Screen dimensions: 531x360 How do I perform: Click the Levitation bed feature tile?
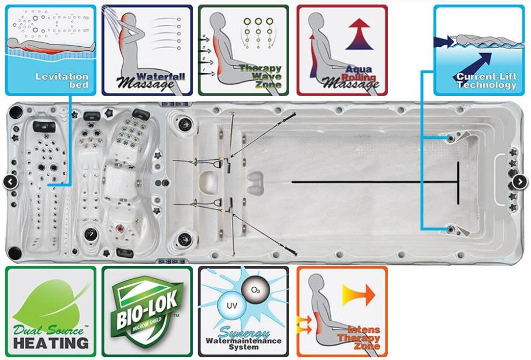[50, 50]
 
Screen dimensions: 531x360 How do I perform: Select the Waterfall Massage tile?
[147, 50]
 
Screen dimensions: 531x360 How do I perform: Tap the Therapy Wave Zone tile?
[243, 50]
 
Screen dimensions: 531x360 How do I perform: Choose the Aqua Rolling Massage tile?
[342, 50]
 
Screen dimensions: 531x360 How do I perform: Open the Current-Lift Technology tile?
[478, 50]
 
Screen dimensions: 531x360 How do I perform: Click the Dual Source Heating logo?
[50, 312]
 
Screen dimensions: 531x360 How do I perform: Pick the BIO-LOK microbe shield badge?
[147, 312]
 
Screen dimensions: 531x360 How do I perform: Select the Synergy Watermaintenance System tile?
[243, 312]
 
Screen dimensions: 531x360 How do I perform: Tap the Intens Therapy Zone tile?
[342, 312]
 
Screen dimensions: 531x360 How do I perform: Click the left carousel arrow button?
[10, 182]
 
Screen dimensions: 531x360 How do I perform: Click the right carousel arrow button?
[519, 182]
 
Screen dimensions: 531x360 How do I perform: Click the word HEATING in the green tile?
[51, 342]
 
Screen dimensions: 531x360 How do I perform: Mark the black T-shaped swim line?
[459, 182]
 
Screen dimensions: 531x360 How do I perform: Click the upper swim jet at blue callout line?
[451, 139]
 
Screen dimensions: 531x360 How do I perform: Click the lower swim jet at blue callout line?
[451, 230]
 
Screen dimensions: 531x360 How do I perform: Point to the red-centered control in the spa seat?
[120, 229]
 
